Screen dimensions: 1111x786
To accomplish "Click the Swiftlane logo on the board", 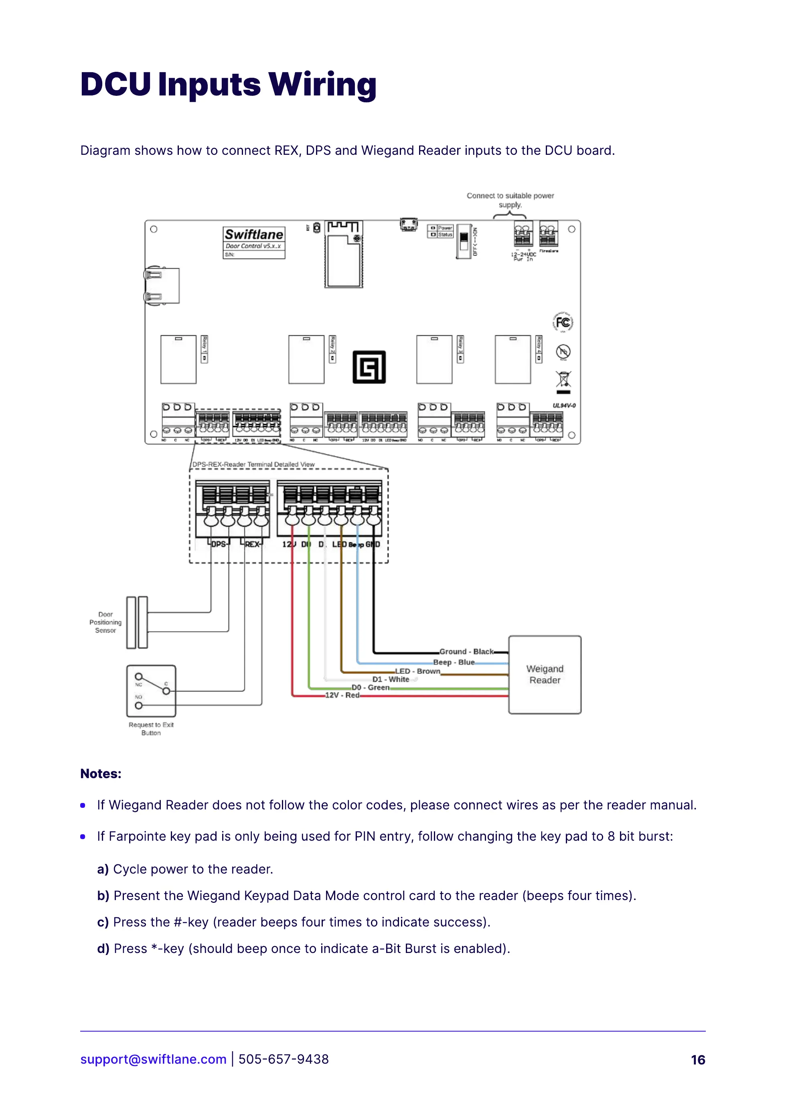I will coord(253,235).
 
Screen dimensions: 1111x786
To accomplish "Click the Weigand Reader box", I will coord(545,674).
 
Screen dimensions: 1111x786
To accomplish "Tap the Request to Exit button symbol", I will coord(151,691).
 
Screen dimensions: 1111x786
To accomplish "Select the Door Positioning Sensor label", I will coord(105,622).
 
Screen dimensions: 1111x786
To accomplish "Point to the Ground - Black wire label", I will coord(466,652).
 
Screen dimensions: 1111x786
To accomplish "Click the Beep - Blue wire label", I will coord(454,662).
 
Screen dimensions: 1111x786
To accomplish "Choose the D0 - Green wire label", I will coord(370,687).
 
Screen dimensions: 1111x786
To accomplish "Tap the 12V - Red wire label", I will coord(342,695).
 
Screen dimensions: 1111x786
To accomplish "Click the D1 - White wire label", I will coord(391,679).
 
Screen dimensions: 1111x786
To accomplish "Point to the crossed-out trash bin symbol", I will coord(563,379).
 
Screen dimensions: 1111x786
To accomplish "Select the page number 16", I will coord(698,1060).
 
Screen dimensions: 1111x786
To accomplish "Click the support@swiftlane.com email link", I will coord(154,1059).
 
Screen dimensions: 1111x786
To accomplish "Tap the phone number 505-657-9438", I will coord(284,1059).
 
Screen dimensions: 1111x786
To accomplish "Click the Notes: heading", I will coord(101,774).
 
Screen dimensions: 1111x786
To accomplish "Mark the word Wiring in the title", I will coord(322,84).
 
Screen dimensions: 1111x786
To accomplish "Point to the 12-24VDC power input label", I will coord(523,255).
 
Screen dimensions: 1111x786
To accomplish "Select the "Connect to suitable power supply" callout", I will coord(510,200).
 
